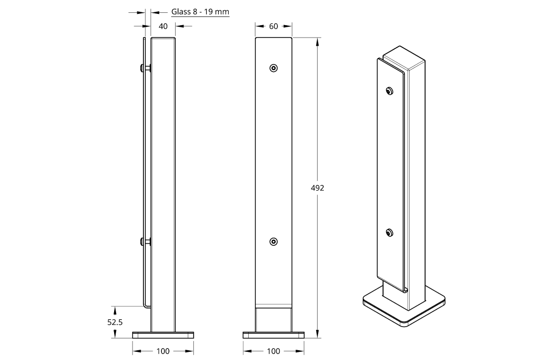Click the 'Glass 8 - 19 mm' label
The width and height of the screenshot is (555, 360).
[x=200, y=12]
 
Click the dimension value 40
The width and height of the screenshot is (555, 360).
[x=163, y=26]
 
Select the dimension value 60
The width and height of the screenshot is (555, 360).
[x=273, y=26]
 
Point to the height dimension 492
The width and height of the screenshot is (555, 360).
[x=318, y=188]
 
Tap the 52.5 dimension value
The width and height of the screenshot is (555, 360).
[x=115, y=322]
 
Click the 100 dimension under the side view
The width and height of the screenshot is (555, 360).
[x=163, y=351]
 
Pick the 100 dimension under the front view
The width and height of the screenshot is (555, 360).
[x=273, y=351]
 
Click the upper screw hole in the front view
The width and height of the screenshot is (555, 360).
[x=273, y=68]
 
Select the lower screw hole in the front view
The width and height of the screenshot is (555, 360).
[x=273, y=242]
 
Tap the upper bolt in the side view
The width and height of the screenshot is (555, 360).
[x=145, y=68]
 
